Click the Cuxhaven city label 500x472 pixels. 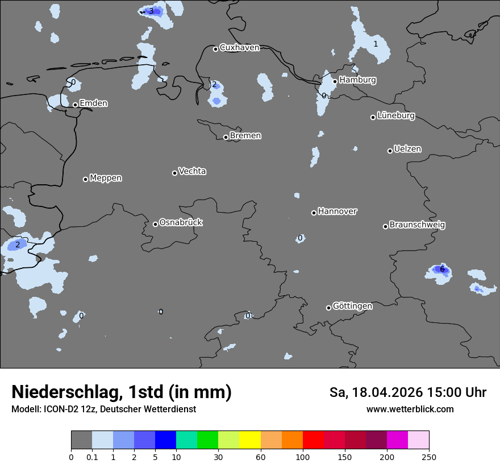coord(239,48)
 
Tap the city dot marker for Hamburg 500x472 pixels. coord(335,81)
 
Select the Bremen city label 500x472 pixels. coord(245,136)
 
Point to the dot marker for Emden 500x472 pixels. coord(75,105)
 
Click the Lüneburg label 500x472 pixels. coord(396,116)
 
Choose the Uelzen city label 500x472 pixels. coord(407,150)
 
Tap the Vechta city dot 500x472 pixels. coord(174,173)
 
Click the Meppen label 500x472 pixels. coord(106,179)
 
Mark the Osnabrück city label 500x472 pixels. coord(181,223)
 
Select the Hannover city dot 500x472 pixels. coord(314,213)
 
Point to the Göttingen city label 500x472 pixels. coord(352,307)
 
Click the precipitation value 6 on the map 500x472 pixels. coord(442,269)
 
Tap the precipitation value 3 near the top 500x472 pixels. coord(151,11)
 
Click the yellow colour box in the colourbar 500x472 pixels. coord(249,440)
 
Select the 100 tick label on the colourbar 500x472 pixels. coord(303,457)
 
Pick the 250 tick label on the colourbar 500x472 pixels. coord(429,457)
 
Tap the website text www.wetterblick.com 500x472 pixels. coord(410,409)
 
